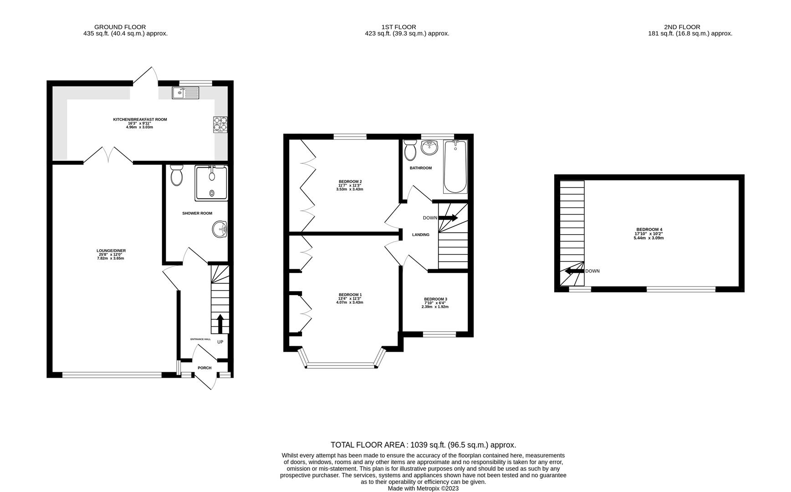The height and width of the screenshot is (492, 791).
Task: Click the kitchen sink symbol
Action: [x=185, y=92]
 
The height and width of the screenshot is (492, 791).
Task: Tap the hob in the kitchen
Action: [x=220, y=124]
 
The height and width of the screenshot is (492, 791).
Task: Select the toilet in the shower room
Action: [x=176, y=175]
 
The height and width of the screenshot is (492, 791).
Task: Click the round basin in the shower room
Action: [x=220, y=229]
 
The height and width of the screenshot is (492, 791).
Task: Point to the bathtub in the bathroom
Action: [x=455, y=167]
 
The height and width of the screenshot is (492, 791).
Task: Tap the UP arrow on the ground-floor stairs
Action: [x=220, y=323]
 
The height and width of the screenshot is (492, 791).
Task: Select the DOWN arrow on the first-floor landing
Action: [x=448, y=218]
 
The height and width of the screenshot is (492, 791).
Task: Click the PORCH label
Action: [x=204, y=368]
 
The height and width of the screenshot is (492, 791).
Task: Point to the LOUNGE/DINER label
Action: [x=111, y=251]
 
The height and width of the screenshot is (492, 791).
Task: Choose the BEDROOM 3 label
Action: [x=435, y=299]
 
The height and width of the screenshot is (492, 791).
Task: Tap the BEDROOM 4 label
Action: [x=649, y=230]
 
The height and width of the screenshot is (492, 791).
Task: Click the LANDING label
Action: [x=421, y=235]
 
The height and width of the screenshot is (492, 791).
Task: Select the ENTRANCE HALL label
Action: [x=200, y=339]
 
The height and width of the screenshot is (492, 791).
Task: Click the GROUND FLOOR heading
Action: [x=120, y=27]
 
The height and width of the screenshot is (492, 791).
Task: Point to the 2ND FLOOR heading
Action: [x=682, y=27]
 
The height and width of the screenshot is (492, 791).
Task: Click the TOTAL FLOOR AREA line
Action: [x=423, y=445]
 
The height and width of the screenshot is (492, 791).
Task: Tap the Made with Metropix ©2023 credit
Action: [x=423, y=488]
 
